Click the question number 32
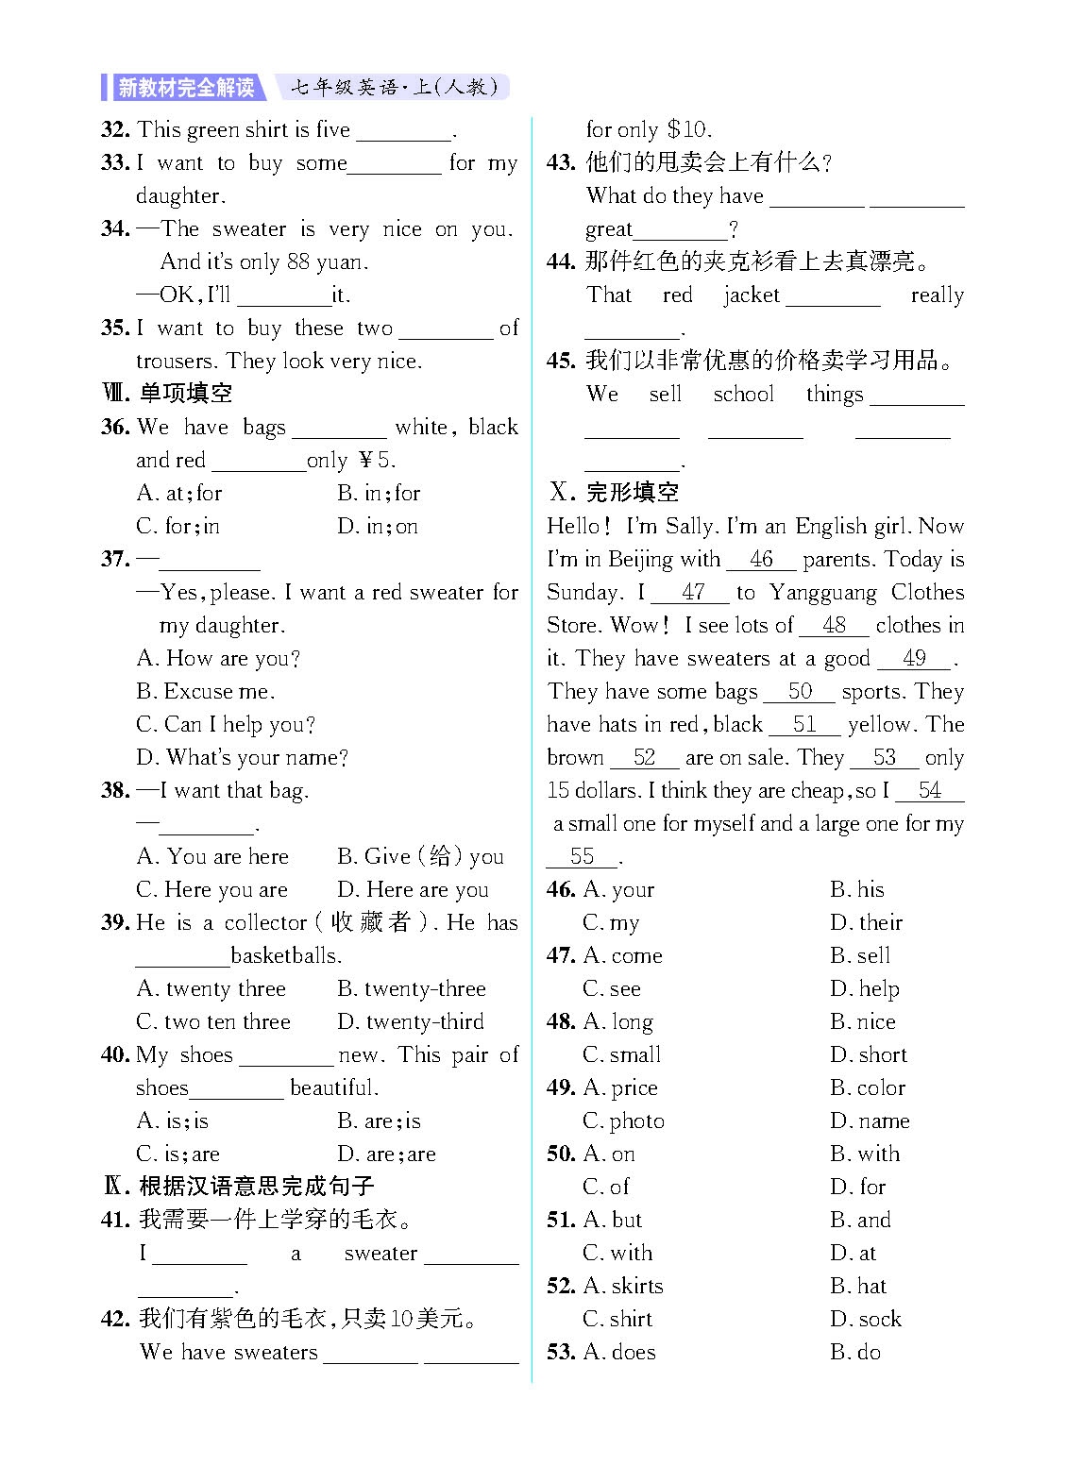pyautogui.click(x=114, y=129)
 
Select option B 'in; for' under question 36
pyautogui.click(x=378, y=493)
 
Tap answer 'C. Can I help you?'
pyautogui.click(x=225, y=724)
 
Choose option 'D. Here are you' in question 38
pyautogui.click(x=412, y=889)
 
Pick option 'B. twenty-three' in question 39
pyautogui.click(x=411, y=988)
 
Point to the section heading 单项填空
pyautogui.click(x=185, y=393)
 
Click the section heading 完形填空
pyautogui.click(x=632, y=492)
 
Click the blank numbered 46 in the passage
pyautogui.click(x=761, y=560)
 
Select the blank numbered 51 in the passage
pyautogui.click(x=803, y=725)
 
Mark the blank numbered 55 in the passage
pyautogui.click(x=582, y=857)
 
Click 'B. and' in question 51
pyautogui.click(x=860, y=1220)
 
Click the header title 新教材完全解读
pyautogui.click(x=186, y=88)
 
